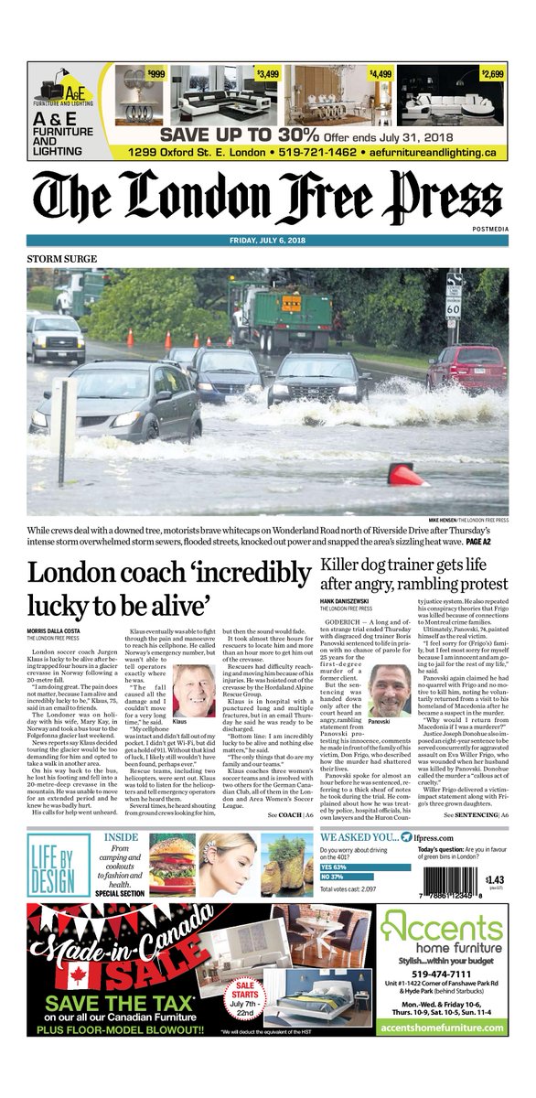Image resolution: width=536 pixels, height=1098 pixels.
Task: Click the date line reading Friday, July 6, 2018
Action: coord(268,242)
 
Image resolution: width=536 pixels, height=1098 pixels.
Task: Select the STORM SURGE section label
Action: coord(61,260)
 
